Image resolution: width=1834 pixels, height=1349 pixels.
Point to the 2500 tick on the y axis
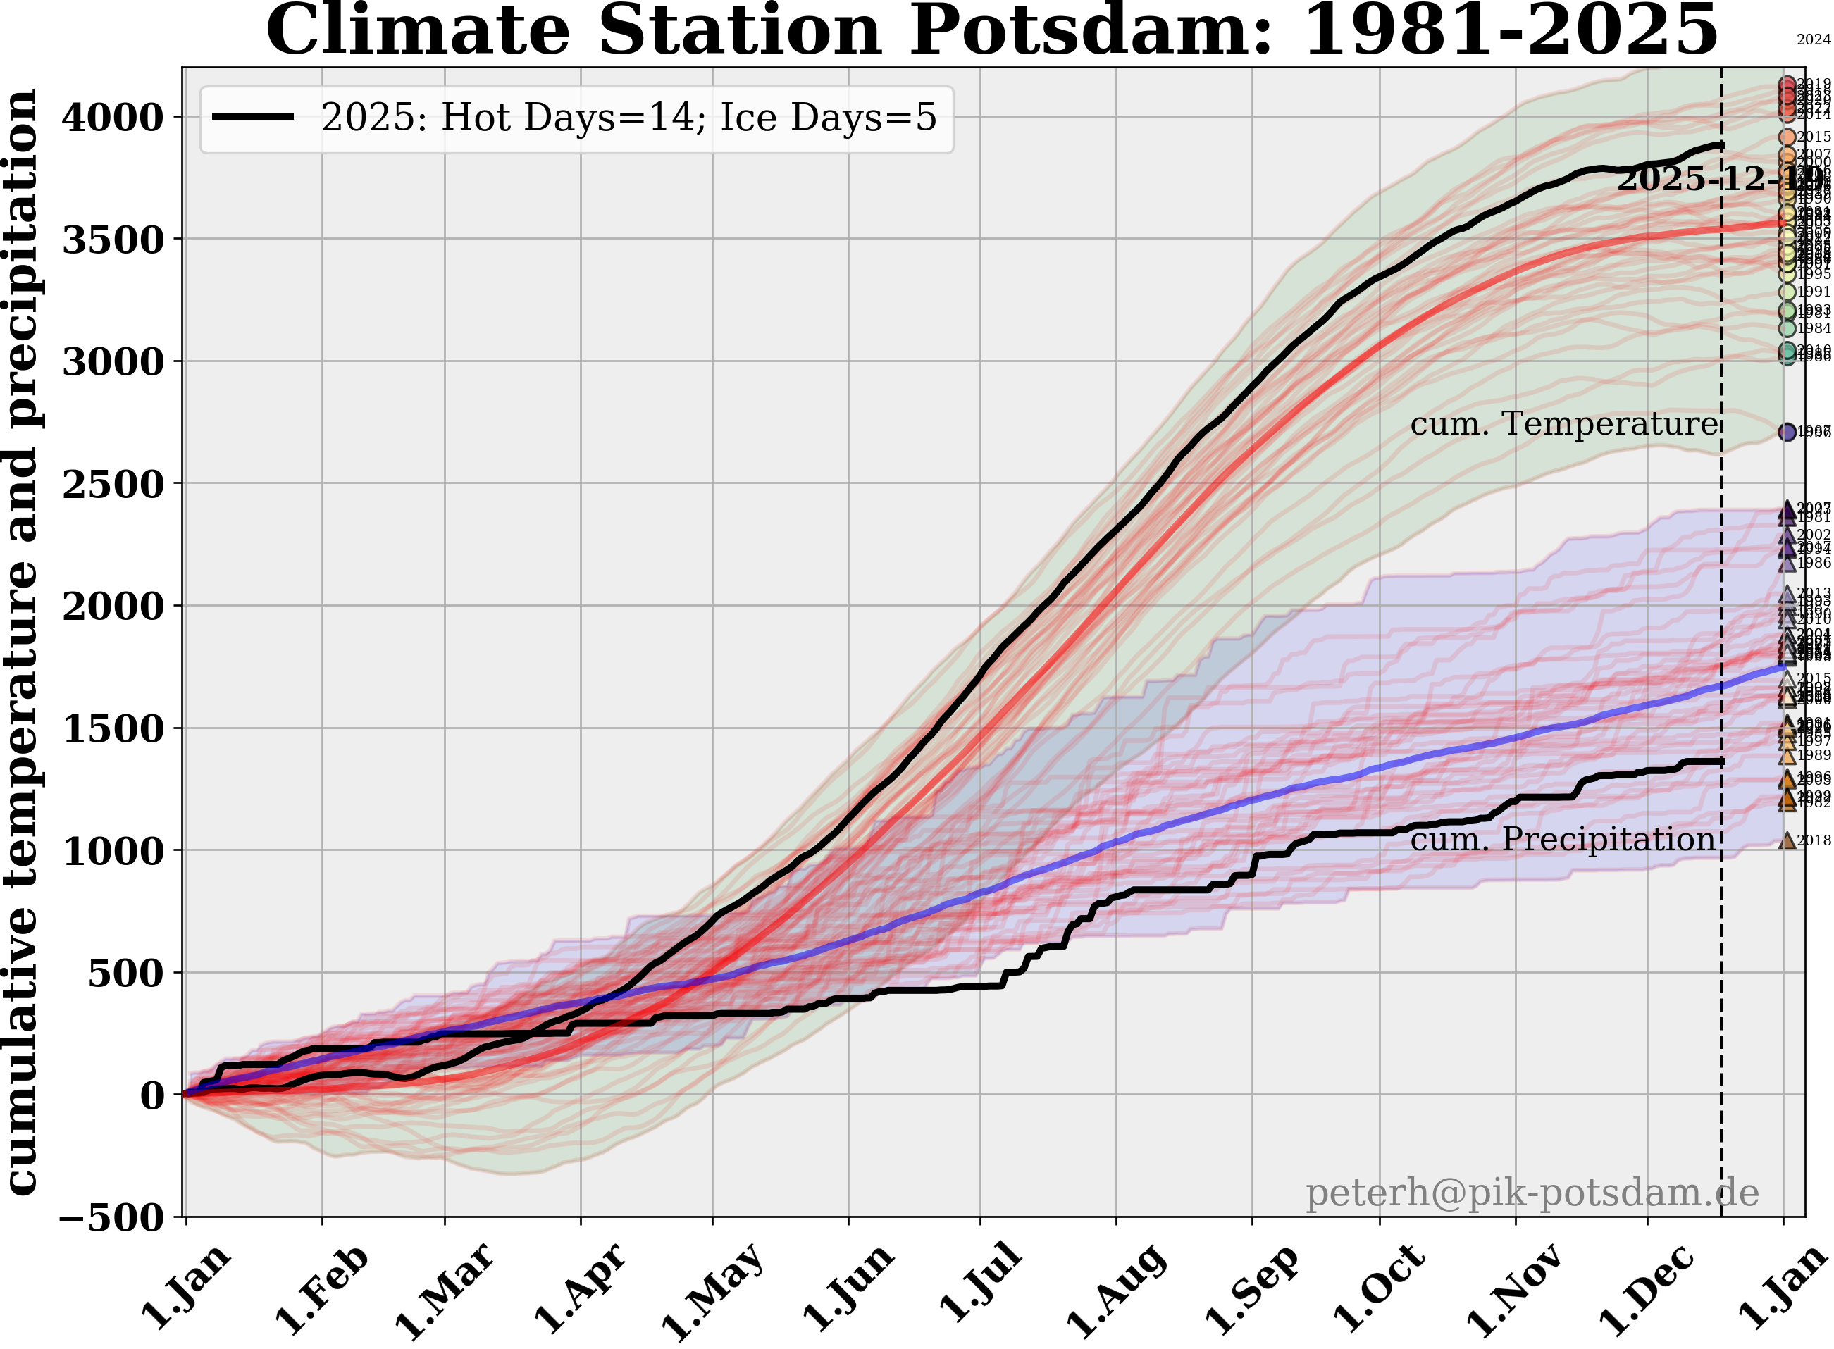point(113,484)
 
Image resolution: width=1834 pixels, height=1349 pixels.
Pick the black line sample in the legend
point(252,117)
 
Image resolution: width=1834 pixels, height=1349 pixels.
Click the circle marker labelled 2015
point(1787,137)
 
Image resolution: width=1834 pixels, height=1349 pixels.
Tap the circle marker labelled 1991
point(1787,292)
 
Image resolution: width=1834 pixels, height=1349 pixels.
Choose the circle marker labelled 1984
point(1787,328)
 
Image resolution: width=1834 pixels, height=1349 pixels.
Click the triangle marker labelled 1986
point(1787,564)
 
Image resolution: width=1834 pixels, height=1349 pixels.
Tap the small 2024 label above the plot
point(1814,39)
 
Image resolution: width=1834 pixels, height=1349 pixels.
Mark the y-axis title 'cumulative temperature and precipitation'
point(22,641)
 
